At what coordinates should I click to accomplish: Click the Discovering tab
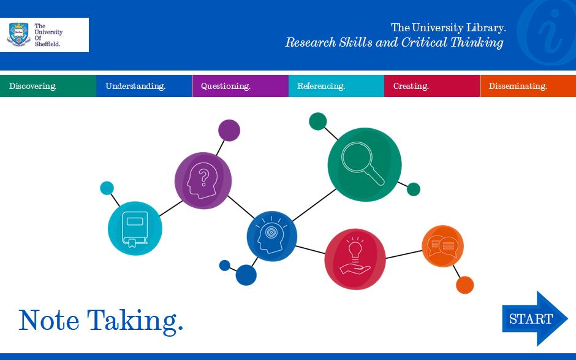tap(48, 86)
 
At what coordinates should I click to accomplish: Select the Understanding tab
tap(144, 86)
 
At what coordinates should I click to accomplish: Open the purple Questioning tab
tap(240, 86)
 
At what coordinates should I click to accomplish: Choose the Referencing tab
tap(336, 86)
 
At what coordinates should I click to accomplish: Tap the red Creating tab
tap(432, 86)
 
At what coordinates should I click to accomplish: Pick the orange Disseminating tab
tap(528, 86)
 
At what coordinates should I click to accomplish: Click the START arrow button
tap(535, 318)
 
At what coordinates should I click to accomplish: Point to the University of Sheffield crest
tap(18, 34)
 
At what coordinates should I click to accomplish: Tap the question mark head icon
tap(202, 180)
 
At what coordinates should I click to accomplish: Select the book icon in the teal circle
tap(135, 229)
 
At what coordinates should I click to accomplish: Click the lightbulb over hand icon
tap(355, 256)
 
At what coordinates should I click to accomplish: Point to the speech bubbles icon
tap(442, 246)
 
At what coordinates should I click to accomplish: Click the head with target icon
tap(271, 236)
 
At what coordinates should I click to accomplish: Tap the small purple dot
tap(229, 130)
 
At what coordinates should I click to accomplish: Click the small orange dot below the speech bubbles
tap(464, 285)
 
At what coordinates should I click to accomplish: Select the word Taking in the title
tap(135, 321)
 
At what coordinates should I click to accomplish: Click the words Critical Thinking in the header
tap(452, 42)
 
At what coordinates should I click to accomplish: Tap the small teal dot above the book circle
tap(107, 188)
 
